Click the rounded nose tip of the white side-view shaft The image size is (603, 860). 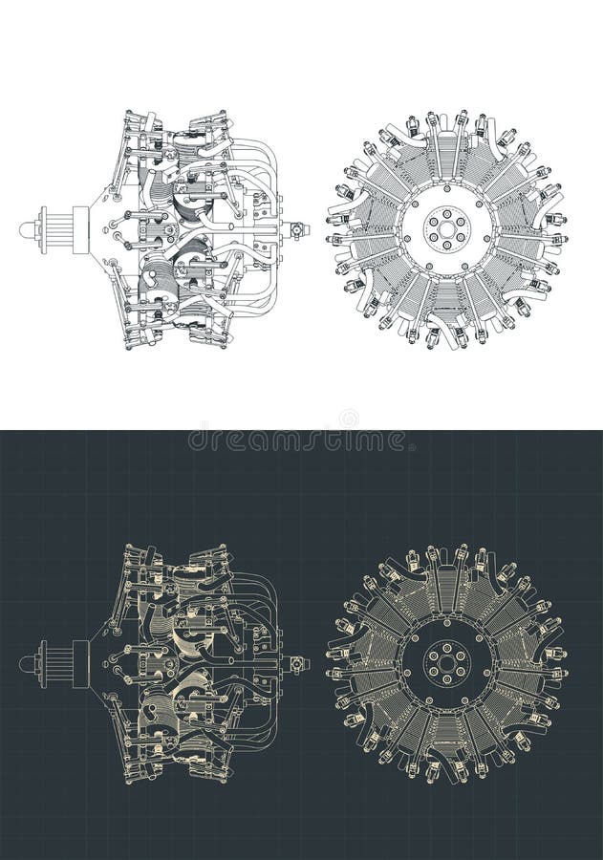23,228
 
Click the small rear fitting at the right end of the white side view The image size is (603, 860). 299,229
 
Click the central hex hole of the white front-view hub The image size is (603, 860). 446,228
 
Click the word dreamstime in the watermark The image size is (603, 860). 297,440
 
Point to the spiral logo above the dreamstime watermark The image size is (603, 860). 348,419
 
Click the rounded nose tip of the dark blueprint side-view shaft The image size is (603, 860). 23,662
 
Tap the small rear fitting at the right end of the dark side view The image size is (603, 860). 299,662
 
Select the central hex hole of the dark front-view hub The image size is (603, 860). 446,661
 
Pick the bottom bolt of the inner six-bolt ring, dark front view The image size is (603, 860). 446,677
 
